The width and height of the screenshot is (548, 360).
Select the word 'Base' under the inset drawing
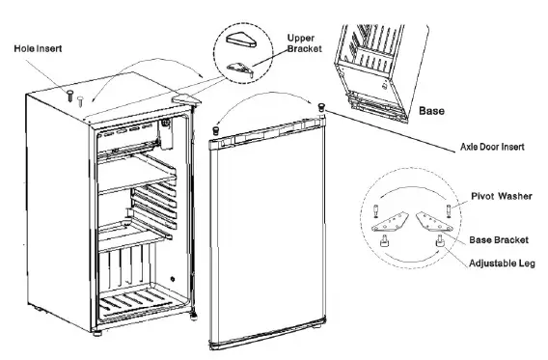click(432, 111)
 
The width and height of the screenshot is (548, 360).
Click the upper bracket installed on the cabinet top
click(185, 98)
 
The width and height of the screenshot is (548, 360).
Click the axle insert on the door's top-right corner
click(320, 103)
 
